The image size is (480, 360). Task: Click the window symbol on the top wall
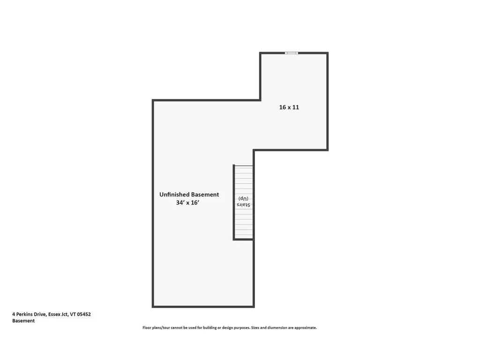tap(292, 53)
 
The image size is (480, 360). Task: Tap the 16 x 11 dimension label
tap(289, 107)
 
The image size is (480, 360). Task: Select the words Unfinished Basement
tap(189, 195)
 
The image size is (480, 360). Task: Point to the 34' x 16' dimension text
tap(188, 203)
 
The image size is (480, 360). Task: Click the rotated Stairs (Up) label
tap(243, 202)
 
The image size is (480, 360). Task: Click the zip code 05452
tap(83, 315)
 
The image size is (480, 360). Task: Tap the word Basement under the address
tap(23, 321)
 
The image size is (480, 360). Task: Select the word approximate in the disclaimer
tap(306, 328)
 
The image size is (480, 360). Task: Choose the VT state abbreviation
tap(72, 315)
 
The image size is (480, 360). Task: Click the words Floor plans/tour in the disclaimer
tap(155, 328)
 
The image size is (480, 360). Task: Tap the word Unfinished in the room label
tap(173, 195)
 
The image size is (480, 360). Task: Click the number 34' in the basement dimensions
tap(180, 203)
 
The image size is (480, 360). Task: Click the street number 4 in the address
tap(14, 315)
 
